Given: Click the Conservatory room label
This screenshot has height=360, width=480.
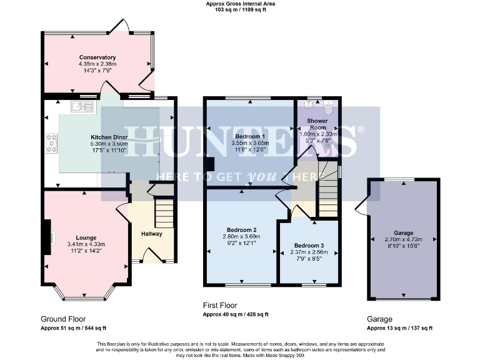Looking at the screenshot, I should (97, 57).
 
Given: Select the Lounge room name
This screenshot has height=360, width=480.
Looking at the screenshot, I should (86, 237).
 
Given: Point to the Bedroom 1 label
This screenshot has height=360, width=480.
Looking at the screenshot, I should (249, 136).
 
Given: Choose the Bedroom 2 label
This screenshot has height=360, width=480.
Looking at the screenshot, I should (240, 229).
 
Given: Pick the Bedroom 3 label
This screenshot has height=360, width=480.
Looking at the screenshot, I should (309, 245).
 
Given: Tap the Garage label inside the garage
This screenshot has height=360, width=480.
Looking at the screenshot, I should (403, 231).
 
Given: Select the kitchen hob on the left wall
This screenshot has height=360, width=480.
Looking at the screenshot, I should (51, 144).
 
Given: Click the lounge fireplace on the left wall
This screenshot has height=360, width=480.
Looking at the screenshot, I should (47, 238).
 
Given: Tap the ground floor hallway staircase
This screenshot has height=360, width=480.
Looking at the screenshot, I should (164, 213).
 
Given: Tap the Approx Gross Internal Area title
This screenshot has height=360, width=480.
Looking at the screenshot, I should (240, 4).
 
